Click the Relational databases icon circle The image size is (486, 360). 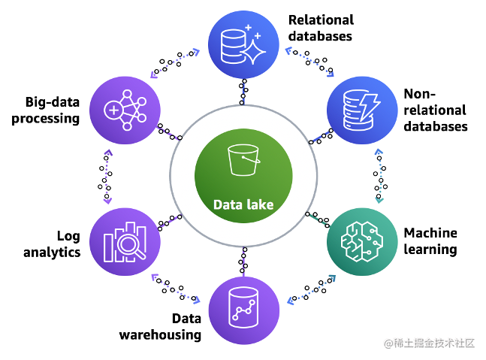243,46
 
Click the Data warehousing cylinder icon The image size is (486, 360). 243,310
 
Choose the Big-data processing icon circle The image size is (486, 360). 124,111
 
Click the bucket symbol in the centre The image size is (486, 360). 243,161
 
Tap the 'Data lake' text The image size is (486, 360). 243,204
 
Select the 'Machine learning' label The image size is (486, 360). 430,241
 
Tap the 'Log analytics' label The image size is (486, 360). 52,244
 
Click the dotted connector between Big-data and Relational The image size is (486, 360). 175,62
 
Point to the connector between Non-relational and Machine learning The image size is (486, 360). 380,175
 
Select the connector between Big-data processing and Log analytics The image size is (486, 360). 107,177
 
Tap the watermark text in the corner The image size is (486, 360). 430,343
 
